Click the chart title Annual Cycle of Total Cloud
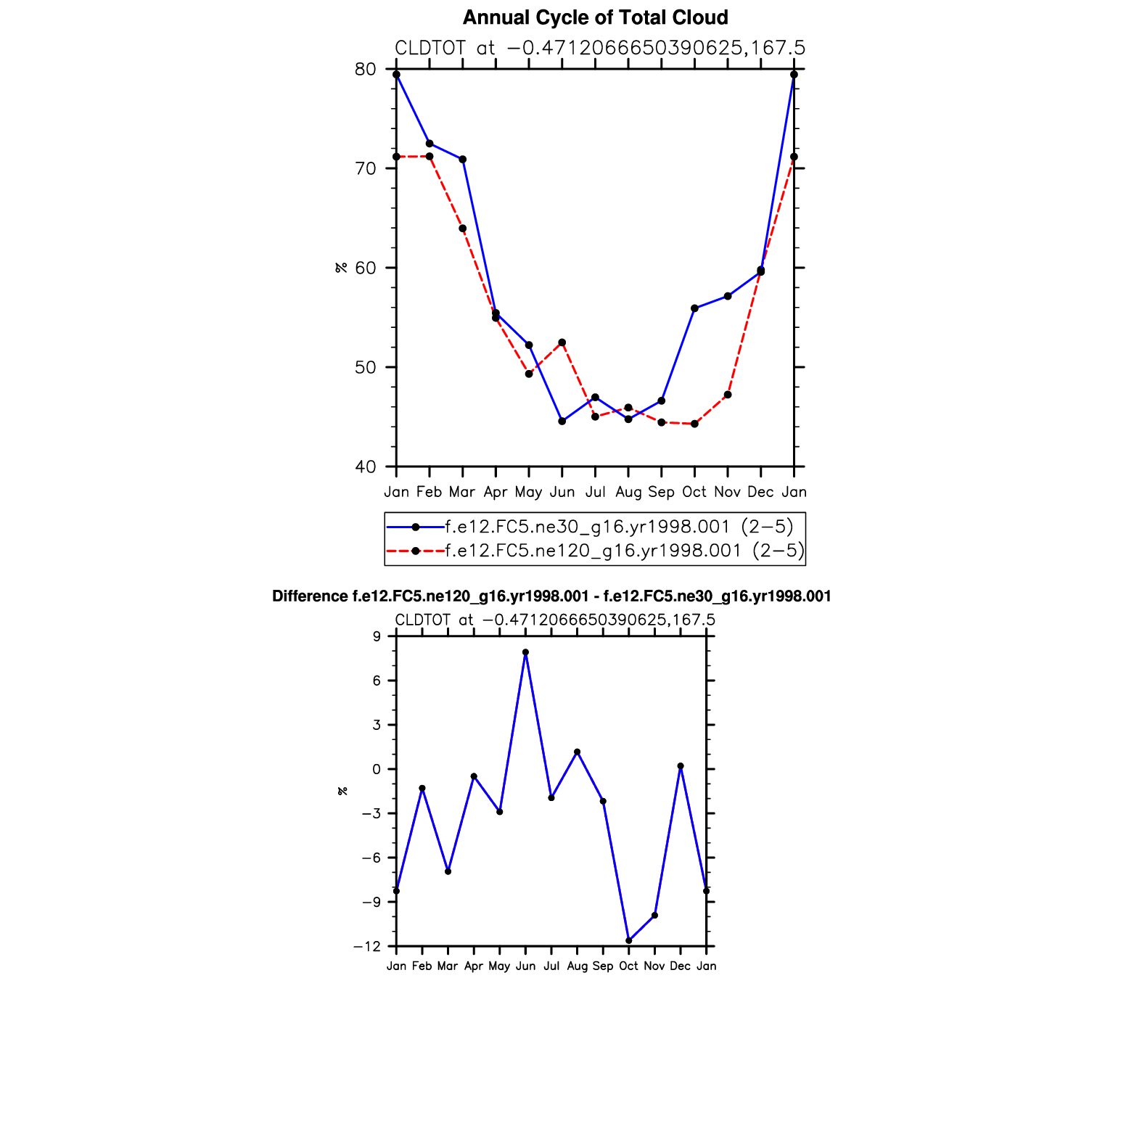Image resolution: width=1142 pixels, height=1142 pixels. (x=595, y=17)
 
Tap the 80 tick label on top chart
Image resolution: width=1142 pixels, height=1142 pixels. (x=366, y=70)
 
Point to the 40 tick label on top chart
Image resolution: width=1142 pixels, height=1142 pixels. (x=366, y=467)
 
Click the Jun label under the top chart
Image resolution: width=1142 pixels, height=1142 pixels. (x=562, y=492)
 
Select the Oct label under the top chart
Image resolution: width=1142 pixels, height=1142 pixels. (x=694, y=492)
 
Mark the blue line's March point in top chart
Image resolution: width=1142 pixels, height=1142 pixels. (x=463, y=160)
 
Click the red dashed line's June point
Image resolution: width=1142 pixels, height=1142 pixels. (x=562, y=342)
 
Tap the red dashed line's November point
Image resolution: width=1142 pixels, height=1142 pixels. (x=728, y=395)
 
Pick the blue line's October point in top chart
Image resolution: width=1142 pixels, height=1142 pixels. (x=694, y=308)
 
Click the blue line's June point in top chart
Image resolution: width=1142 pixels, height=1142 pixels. (x=562, y=422)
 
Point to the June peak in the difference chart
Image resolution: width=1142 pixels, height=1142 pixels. (x=525, y=652)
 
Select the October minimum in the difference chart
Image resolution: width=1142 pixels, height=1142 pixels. (x=629, y=941)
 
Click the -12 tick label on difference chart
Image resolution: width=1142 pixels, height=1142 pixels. (x=367, y=947)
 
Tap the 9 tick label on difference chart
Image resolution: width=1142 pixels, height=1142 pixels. (x=377, y=637)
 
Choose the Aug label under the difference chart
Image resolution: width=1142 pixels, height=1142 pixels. (x=577, y=966)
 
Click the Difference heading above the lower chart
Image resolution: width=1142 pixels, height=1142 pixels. (x=551, y=596)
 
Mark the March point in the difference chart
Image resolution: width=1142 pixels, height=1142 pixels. (x=448, y=871)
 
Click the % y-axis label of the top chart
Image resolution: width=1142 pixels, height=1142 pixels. (x=341, y=268)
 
